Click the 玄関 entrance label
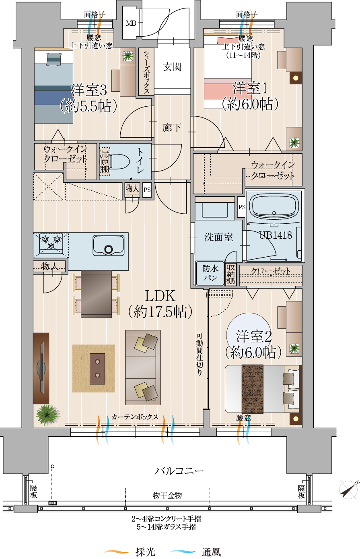pyautogui.click(x=172, y=67)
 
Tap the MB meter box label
pyautogui.click(x=131, y=23)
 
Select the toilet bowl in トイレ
pyautogui.click(x=119, y=161)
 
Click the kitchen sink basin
pyautogui.click(x=109, y=245)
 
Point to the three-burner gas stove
pyautogui.click(x=51, y=242)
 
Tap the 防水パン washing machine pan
pyautogui.click(x=210, y=273)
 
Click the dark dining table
pyautogui.click(x=96, y=294)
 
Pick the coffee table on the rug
pyautogui.click(x=97, y=369)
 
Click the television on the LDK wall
pyautogui.click(x=41, y=368)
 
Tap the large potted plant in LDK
pyautogui.click(x=47, y=414)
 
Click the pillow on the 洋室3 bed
pyautogui.click(x=53, y=60)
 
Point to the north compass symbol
pyautogui.click(x=349, y=490)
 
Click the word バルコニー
pyautogui.click(x=179, y=471)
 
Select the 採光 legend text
pyautogui.click(x=146, y=552)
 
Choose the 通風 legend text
pyautogui.click(x=212, y=552)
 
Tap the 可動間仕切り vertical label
pyautogui.click(x=200, y=354)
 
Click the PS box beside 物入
pyautogui.click(x=147, y=190)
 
